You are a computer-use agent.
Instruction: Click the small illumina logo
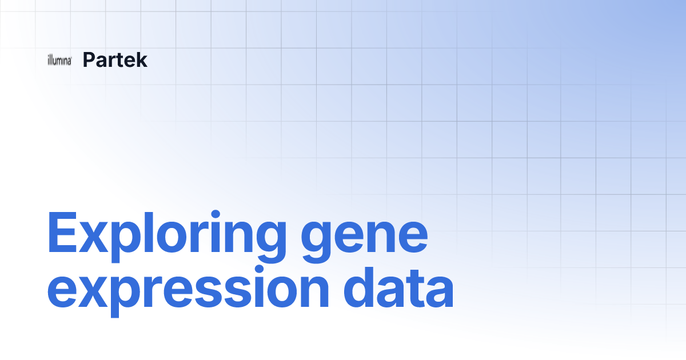pos(59,60)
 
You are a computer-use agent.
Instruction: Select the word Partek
pos(115,59)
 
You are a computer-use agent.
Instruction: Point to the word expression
pos(188,291)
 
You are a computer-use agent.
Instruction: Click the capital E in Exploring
pos(62,232)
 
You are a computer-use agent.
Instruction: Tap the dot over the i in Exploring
pos(216,214)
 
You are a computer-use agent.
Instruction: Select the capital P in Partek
pos(90,59)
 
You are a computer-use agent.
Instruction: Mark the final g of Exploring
pos(272,242)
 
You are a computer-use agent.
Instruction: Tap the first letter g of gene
pos(316,242)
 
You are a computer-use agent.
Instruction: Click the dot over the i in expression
pos(259,269)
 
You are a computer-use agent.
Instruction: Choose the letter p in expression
pos(126,297)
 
